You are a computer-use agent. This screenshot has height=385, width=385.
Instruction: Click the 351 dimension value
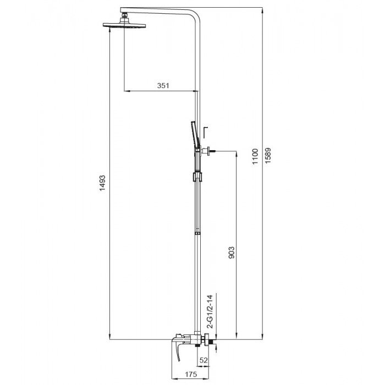click(163, 85)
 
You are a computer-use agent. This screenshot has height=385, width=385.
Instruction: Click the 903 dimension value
click(231, 253)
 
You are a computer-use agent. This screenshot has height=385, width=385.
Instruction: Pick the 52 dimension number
click(204, 360)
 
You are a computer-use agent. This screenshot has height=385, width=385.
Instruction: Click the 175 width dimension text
click(190, 375)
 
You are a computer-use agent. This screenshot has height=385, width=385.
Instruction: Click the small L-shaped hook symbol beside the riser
click(205, 133)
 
